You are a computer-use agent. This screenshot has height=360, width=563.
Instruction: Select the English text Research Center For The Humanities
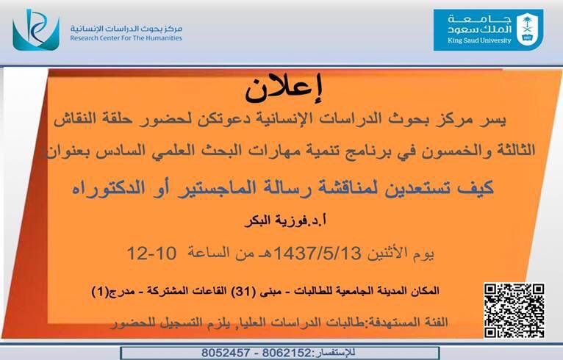(126, 38)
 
